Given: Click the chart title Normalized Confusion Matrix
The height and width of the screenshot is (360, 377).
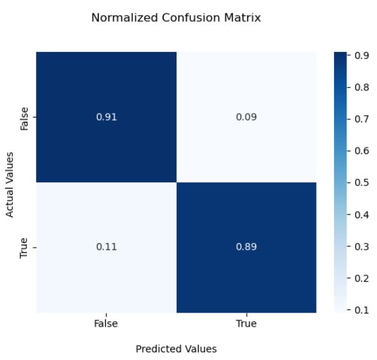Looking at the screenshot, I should coord(176,18).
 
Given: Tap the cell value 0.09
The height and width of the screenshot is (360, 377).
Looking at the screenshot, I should coord(246,118).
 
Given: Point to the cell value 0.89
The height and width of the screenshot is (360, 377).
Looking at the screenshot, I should coord(246,247).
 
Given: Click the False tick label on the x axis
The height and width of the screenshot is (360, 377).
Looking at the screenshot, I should coord(105,324).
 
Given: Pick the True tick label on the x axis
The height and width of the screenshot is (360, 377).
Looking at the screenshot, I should coord(246,324).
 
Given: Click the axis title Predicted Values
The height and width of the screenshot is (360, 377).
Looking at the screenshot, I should coord(176,349).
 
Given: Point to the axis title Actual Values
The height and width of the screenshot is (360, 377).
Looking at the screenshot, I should coord(10,183).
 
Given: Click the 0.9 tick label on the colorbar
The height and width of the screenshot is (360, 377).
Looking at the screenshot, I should coord(360,56).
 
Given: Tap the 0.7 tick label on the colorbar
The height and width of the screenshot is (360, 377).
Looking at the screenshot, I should coord(360,120).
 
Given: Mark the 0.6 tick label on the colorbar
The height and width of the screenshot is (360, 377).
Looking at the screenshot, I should coord(360,151).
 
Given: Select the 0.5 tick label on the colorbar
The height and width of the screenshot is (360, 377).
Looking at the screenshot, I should coord(360,184).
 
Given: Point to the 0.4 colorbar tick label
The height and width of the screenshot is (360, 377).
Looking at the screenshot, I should coord(360,215).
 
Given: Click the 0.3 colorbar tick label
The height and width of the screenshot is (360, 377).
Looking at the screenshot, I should coord(360,247).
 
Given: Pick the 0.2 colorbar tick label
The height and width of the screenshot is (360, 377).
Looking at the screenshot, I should coord(360,279).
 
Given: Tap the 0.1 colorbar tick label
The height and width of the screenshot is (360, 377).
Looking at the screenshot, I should coord(360,310).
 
